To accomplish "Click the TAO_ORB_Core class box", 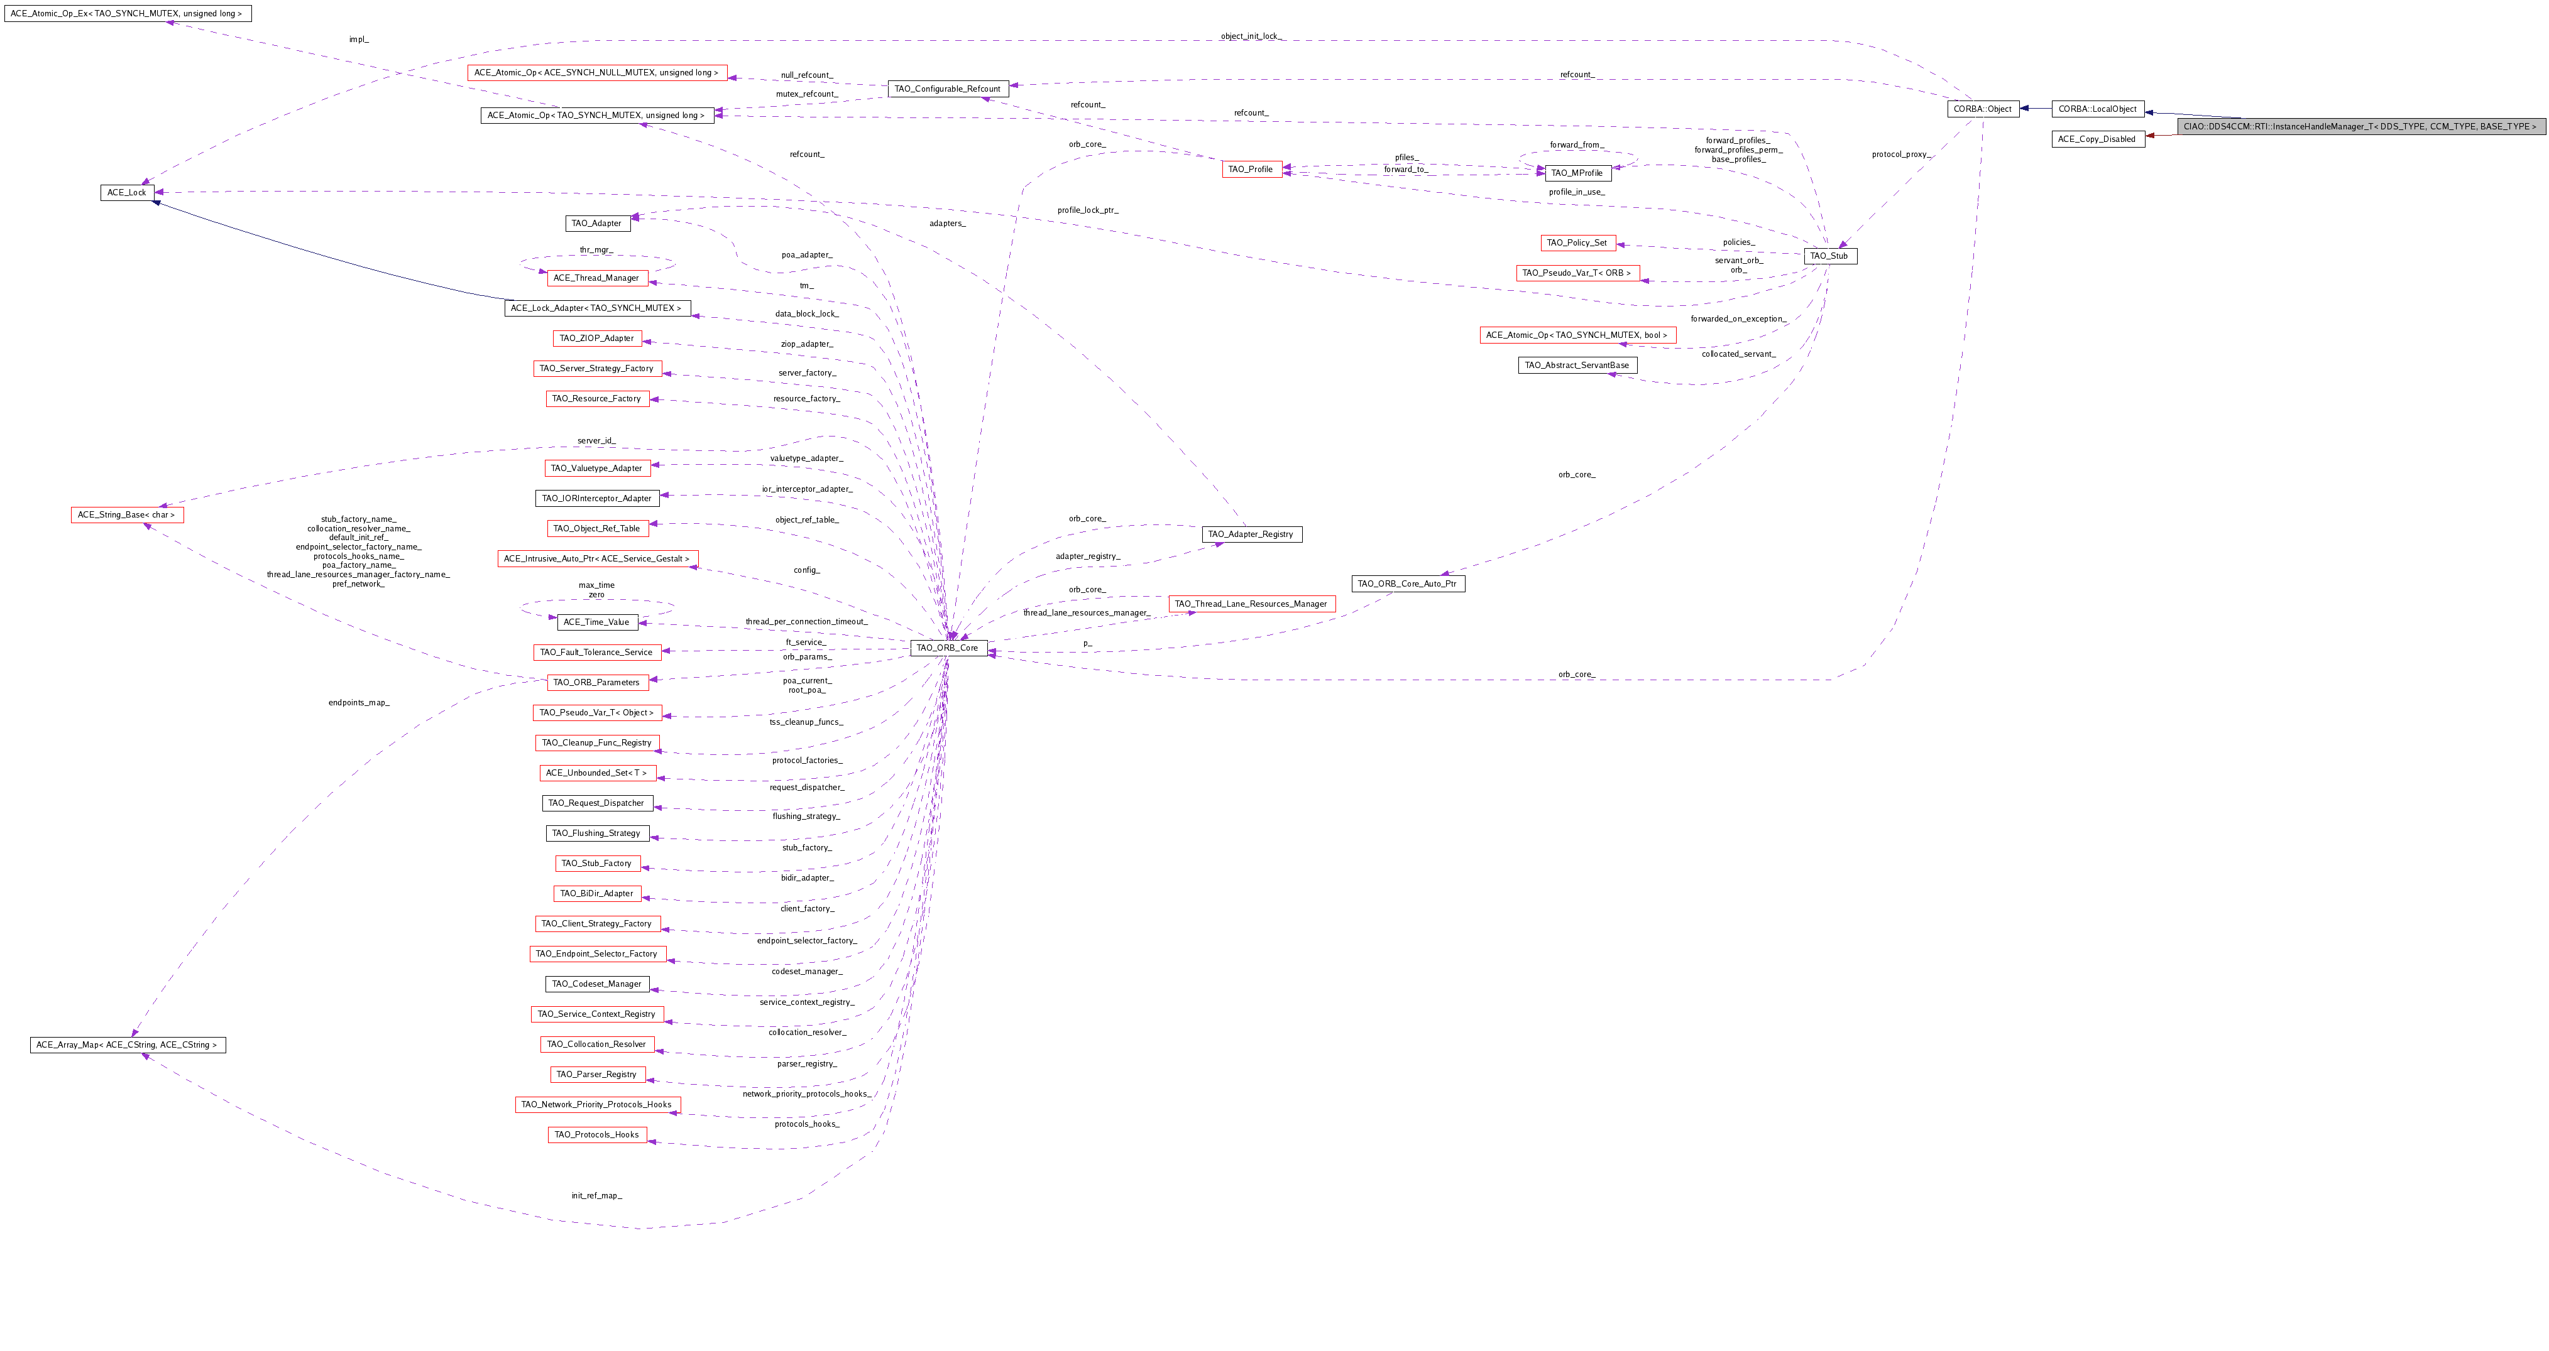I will coord(947,648).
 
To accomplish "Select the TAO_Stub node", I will coord(1829,256).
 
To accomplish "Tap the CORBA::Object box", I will coord(1982,109).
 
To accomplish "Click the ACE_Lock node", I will coord(127,193).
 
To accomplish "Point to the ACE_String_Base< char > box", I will coord(127,515).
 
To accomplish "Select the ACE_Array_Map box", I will coord(128,1045).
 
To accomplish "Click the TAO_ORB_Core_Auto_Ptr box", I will coord(1407,583).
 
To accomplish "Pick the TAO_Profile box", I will coord(1251,169).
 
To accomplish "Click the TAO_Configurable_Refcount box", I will coord(947,89).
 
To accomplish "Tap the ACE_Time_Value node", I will coord(596,622).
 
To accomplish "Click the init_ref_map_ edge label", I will coord(596,1196).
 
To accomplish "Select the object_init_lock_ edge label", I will coord(1251,36).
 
